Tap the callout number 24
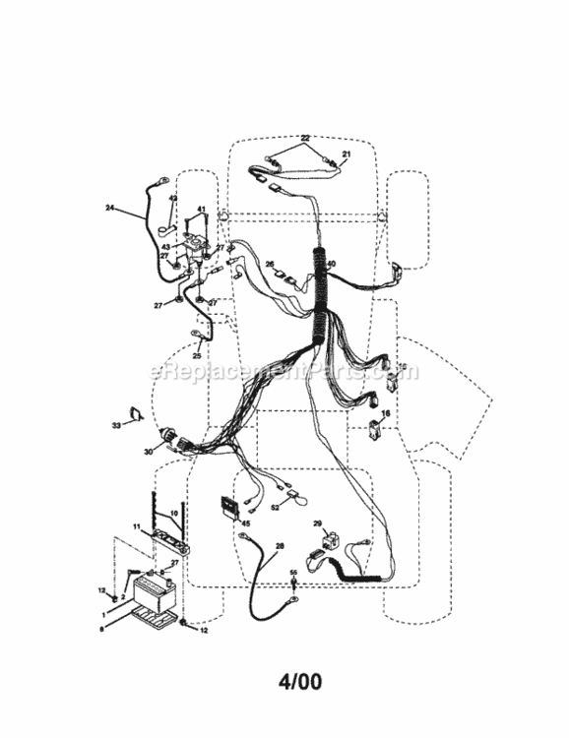pos(111,208)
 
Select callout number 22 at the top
pos(305,138)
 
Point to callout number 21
pos(346,154)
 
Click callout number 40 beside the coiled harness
pos(332,264)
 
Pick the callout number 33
pos(115,425)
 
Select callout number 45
pos(246,523)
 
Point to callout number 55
pos(293,573)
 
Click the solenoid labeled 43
pos(197,252)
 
